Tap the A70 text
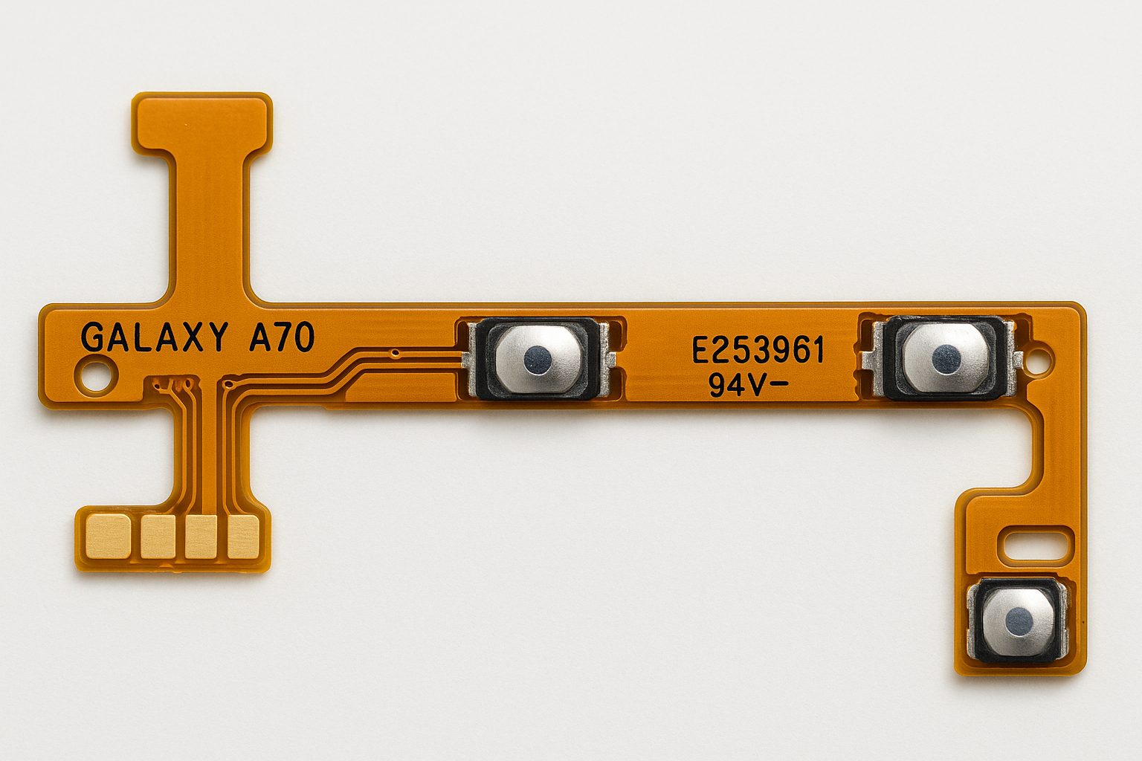point(282,337)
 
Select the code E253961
point(758,352)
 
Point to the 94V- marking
point(748,386)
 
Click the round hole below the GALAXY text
point(95,375)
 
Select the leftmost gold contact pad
point(108,537)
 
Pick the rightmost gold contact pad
point(243,537)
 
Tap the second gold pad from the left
point(158,537)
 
